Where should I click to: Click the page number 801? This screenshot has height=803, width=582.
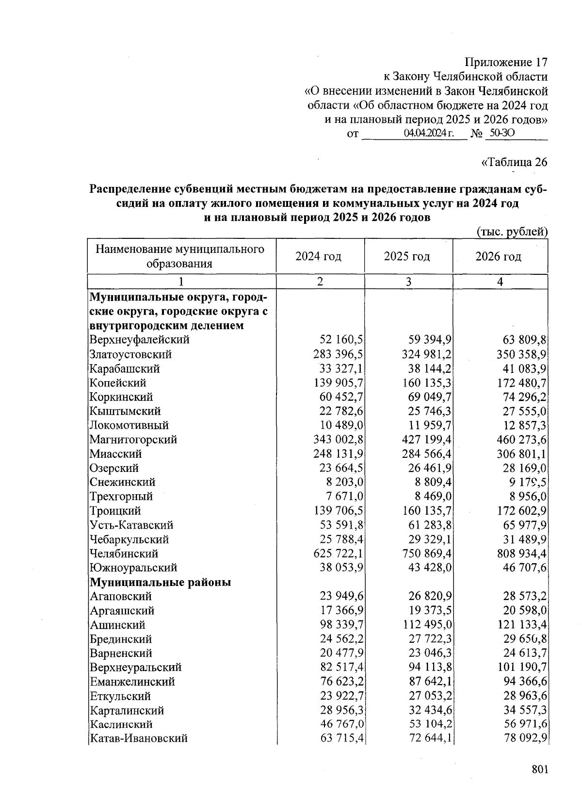coord(539,769)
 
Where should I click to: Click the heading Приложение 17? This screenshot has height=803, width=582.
coord(506,63)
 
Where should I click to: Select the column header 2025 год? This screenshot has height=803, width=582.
coord(407,256)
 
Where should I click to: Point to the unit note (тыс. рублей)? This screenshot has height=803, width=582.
coord(512,232)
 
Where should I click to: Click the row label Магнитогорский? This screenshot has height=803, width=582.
coord(133,439)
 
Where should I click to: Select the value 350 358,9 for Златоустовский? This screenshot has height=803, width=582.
coord(522,354)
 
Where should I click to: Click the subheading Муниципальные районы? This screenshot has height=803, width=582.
coord(160,582)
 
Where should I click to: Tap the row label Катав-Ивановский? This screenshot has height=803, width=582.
coord(139,738)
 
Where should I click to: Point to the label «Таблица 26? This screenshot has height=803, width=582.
coord(514,162)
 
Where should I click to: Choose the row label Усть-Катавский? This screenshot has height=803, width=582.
coord(131,525)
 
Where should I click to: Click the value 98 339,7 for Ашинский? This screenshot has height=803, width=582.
coord(342,624)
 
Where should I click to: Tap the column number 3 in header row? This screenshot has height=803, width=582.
coord(408,282)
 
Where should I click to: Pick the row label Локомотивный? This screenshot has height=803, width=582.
coord(129,425)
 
